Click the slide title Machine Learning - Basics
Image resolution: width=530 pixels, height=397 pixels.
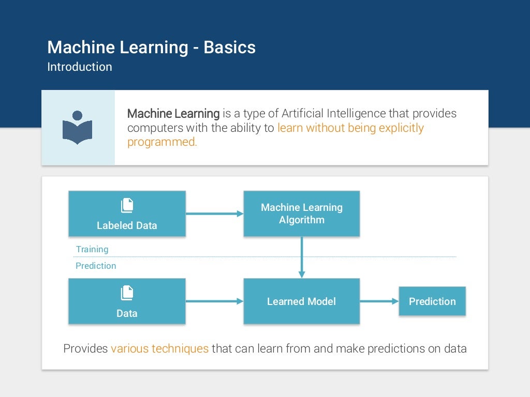point(151,48)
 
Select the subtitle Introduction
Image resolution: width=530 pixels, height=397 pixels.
point(79,67)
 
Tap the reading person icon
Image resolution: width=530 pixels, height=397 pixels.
point(78,127)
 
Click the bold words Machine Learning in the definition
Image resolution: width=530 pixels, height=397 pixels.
point(173,113)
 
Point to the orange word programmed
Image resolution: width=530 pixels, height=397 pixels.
point(162,142)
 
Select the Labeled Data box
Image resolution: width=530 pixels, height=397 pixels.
point(127,213)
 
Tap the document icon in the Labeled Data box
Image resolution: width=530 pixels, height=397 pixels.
point(127,205)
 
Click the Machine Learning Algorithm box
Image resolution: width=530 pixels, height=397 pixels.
point(301,213)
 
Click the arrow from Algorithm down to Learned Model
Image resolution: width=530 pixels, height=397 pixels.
point(302,257)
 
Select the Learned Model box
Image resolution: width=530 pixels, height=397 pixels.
point(301,301)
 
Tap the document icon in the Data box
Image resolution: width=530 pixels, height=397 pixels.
point(127,293)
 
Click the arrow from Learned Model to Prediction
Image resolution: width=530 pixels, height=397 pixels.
point(379,301)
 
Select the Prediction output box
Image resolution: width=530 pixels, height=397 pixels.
point(432,301)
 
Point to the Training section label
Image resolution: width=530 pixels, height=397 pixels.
point(92,249)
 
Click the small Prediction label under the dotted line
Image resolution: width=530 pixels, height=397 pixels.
point(96,266)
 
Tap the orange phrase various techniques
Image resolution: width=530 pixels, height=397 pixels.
point(159,348)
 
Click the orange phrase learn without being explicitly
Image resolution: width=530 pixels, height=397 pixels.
point(350,128)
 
